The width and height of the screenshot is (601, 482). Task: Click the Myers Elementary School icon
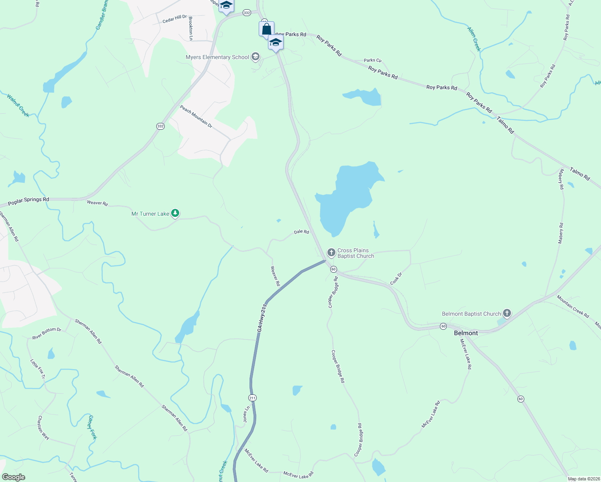(x=255, y=57)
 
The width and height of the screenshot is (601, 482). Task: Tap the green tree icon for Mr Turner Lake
(x=175, y=213)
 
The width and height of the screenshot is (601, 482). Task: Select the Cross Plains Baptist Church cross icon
(x=331, y=253)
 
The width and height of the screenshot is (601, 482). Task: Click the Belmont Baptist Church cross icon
(x=507, y=313)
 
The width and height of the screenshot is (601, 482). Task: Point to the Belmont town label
(x=466, y=333)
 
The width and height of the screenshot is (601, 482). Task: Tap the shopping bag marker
(x=266, y=29)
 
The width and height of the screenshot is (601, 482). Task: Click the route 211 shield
(x=252, y=398)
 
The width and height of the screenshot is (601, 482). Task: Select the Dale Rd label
(x=301, y=232)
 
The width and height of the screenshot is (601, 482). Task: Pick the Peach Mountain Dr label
(x=196, y=116)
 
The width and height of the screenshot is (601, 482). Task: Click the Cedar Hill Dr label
(x=175, y=19)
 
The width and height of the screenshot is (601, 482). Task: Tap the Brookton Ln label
(x=191, y=29)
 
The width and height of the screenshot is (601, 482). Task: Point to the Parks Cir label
(x=372, y=61)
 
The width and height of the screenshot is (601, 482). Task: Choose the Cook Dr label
(x=396, y=279)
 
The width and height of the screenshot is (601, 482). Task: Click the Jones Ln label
(x=246, y=414)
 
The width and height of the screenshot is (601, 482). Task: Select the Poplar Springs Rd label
(x=29, y=201)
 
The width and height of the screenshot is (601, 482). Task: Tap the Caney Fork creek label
(x=92, y=427)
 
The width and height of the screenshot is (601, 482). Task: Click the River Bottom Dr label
(x=47, y=333)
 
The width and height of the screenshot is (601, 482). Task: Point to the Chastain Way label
(x=43, y=427)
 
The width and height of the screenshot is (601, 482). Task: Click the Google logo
(x=13, y=477)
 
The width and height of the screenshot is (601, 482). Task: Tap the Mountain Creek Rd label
(x=572, y=306)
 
